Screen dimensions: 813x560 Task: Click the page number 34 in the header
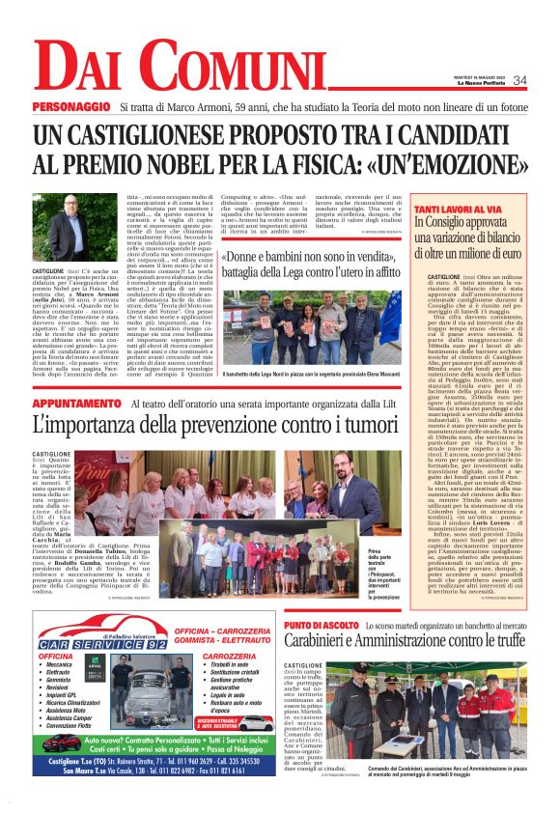pyautogui.click(x=519, y=80)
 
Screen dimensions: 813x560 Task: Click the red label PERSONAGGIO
pyautogui.click(x=71, y=106)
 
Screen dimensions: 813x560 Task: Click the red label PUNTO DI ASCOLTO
pyautogui.click(x=323, y=626)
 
